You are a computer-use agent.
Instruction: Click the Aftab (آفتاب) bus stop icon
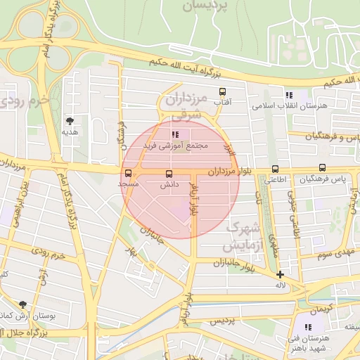[x=223, y=91]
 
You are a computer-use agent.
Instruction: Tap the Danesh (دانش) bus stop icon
[x=169, y=174]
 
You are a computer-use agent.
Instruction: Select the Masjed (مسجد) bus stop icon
[x=128, y=173]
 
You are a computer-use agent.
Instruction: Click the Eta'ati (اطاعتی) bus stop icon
[x=275, y=169]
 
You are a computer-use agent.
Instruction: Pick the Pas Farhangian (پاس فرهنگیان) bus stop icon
[x=322, y=168]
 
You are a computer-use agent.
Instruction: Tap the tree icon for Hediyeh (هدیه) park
[x=69, y=120]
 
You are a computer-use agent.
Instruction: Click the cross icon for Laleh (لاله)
[x=281, y=275]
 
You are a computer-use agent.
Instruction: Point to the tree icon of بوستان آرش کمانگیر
[x=24, y=304]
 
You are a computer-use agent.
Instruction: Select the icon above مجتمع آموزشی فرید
[x=174, y=134]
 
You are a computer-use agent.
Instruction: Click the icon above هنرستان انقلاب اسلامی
[x=288, y=95]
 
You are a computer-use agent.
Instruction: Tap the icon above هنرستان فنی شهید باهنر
[x=307, y=327]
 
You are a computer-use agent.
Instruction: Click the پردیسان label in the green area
[x=206, y=6]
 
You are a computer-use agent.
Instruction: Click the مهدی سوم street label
[x=333, y=252]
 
